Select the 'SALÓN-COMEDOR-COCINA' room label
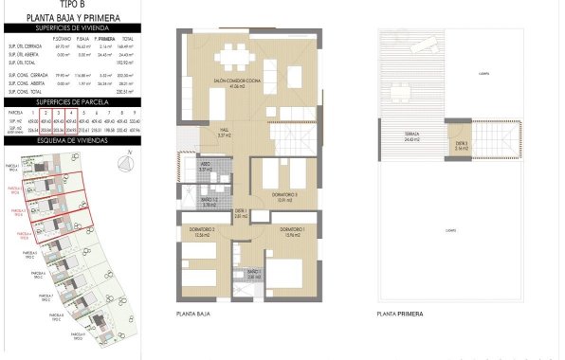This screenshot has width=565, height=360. (230, 81)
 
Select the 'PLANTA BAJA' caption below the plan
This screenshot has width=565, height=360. (192, 314)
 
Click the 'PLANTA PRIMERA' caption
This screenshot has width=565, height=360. (398, 314)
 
